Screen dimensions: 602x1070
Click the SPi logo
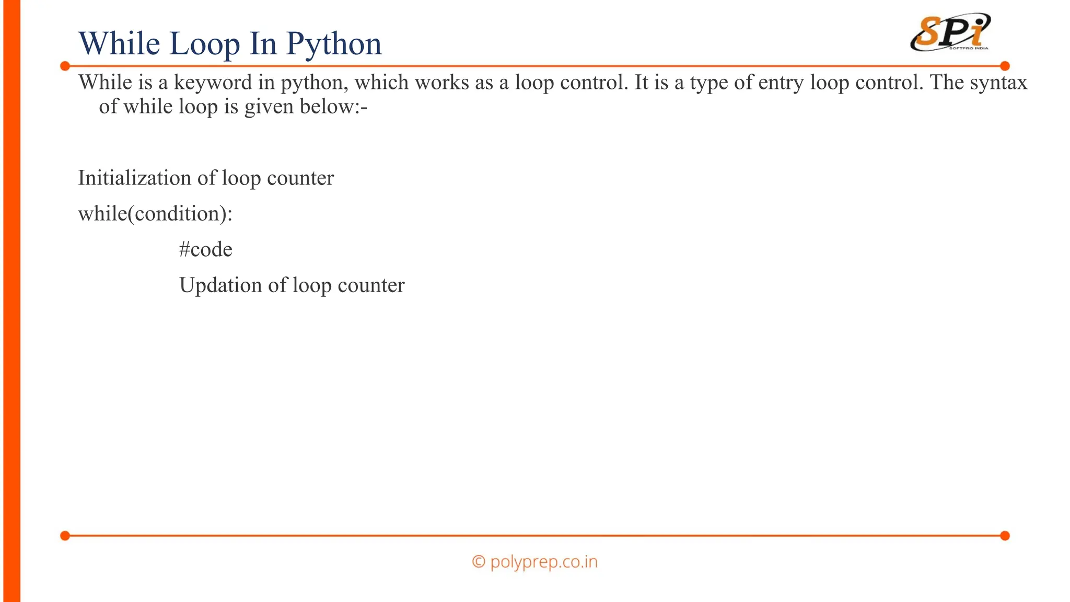[x=950, y=32]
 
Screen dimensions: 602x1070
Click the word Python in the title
[x=334, y=44]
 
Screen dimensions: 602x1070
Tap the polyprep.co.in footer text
[x=543, y=562]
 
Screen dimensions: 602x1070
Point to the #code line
[x=205, y=249]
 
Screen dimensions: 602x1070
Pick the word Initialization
[x=134, y=178]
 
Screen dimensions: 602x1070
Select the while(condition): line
[x=155, y=214]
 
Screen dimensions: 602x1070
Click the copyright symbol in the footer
[x=478, y=562]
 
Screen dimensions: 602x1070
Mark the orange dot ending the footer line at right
[x=1005, y=536]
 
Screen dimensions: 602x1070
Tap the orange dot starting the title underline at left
[x=65, y=66]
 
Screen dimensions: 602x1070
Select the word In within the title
[x=263, y=44]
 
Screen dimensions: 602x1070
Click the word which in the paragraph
[x=380, y=83]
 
